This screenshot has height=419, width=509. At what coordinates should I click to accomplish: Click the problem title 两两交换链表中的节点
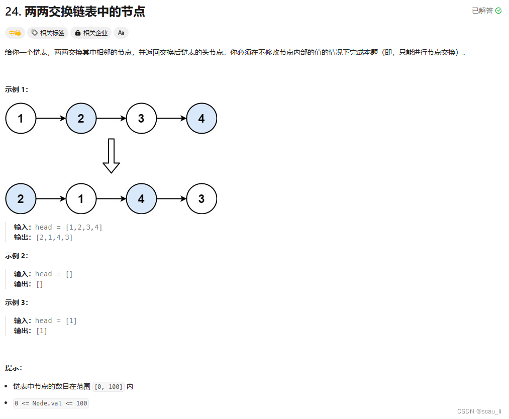84,12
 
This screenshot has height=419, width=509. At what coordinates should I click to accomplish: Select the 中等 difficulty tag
15,33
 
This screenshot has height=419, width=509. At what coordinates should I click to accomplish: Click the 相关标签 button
48,33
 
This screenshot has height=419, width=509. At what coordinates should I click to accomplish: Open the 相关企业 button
91,33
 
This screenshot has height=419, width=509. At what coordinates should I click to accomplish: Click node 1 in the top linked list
21,119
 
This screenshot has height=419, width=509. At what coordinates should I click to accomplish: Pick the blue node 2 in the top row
81,119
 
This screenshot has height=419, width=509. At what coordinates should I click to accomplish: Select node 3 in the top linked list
141,119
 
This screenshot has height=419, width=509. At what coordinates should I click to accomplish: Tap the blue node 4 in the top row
201,119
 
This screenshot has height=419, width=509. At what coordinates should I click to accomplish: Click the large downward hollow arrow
111,156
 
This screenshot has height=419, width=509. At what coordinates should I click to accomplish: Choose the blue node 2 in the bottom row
21,198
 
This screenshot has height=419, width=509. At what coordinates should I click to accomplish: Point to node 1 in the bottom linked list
81,198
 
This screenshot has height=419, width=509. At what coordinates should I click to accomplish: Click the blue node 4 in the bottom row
141,198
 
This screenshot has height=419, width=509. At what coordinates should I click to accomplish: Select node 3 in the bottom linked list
201,198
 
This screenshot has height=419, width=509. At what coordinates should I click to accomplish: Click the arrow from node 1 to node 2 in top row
51,119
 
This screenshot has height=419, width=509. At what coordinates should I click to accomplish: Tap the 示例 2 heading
17,256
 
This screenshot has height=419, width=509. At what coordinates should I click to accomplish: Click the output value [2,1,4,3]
54,237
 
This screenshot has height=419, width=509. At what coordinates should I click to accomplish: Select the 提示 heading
14,368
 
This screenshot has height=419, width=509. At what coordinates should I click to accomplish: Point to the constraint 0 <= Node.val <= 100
51,403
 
